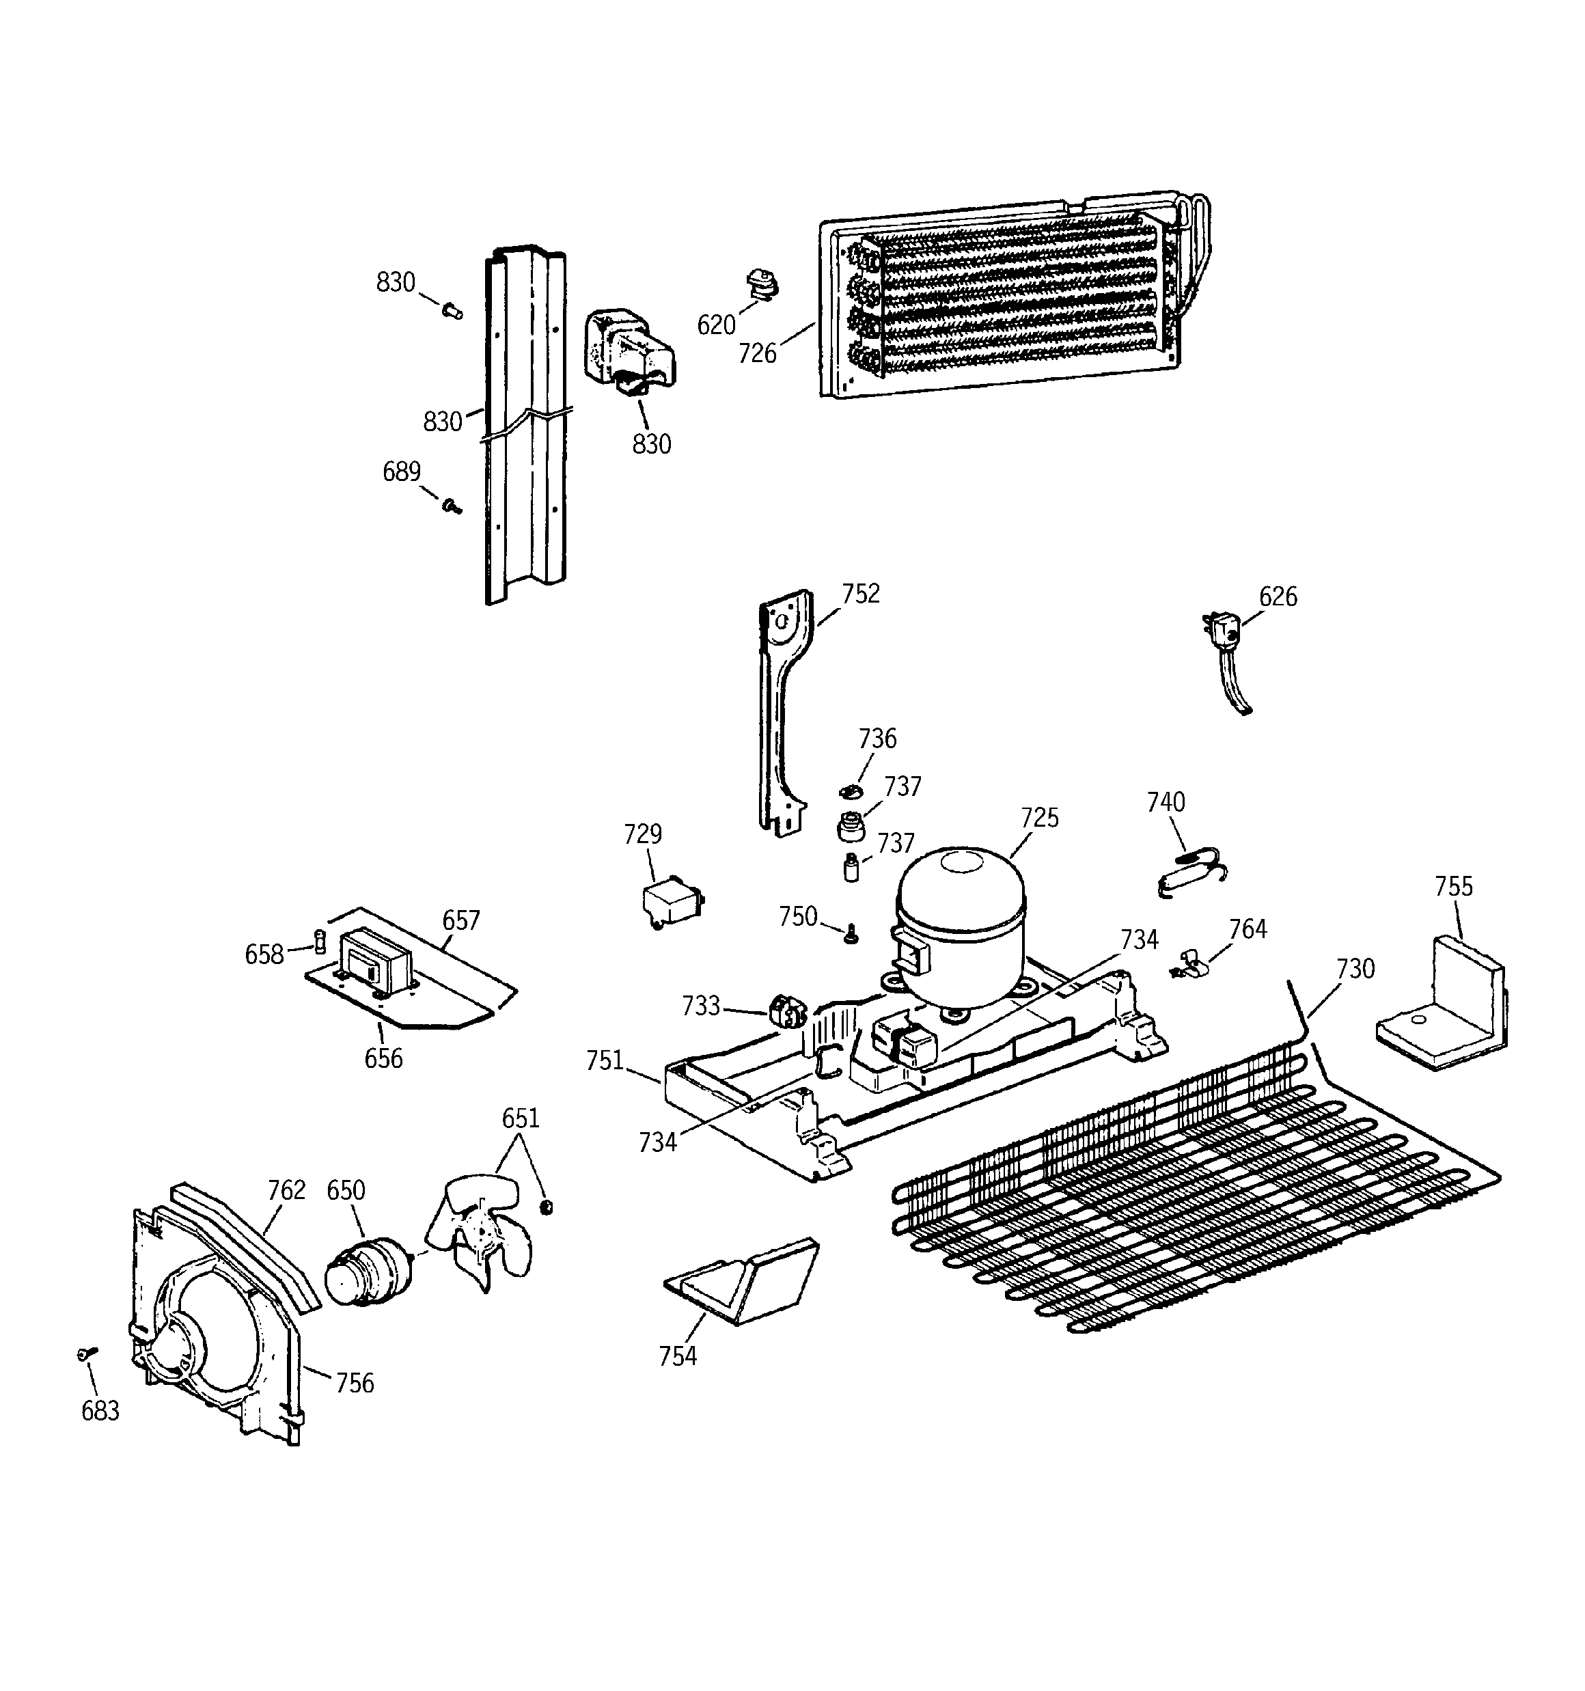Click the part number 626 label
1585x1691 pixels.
[x=1278, y=597]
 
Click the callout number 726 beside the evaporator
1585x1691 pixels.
[x=756, y=353]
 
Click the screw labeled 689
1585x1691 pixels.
[x=452, y=507]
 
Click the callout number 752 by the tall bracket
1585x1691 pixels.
[x=860, y=594]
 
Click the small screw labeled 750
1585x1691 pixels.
[x=851, y=935]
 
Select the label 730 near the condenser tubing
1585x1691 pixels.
[x=1355, y=969]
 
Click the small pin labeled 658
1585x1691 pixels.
[x=320, y=942]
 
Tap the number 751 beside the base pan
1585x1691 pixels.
[x=604, y=1060]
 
